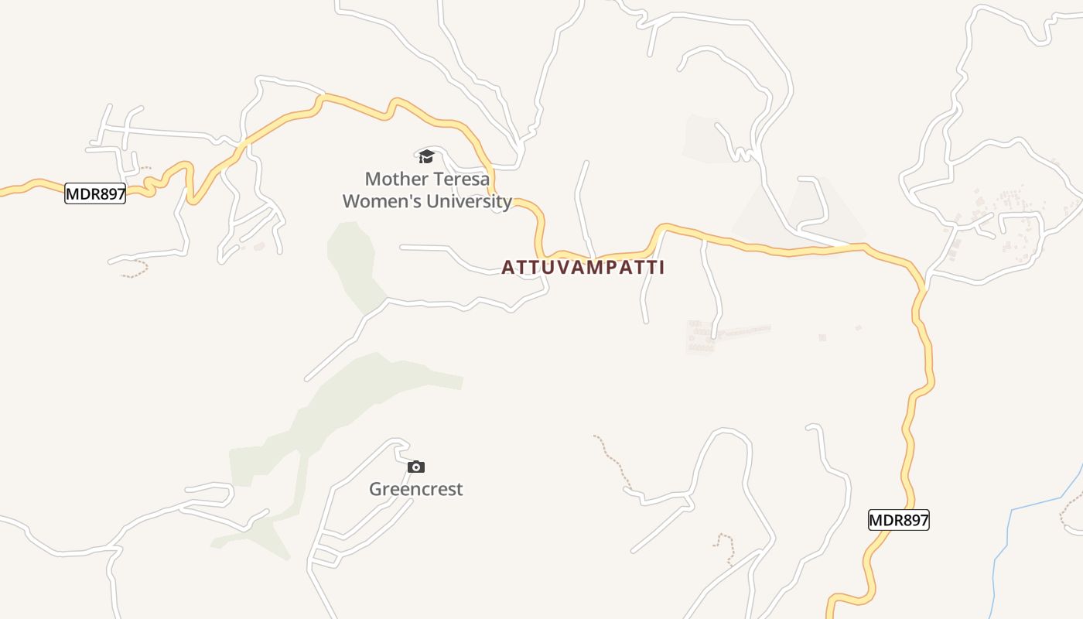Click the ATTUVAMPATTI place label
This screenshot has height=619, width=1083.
tap(582, 268)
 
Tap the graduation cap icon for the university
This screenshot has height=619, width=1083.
tap(426, 157)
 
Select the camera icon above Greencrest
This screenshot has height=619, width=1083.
tap(416, 467)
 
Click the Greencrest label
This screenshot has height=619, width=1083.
tap(416, 489)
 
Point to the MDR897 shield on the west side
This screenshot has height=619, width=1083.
tap(95, 193)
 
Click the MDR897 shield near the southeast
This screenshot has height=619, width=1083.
tap(898, 520)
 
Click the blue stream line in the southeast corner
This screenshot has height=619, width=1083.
tap(1037, 504)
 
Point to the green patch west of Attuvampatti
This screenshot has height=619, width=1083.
tap(354, 259)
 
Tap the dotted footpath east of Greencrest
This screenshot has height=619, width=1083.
tap(611, 460)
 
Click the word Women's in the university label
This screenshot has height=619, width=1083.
tap(376, 202)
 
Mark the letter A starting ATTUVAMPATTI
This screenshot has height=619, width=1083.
tap(508, 268)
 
